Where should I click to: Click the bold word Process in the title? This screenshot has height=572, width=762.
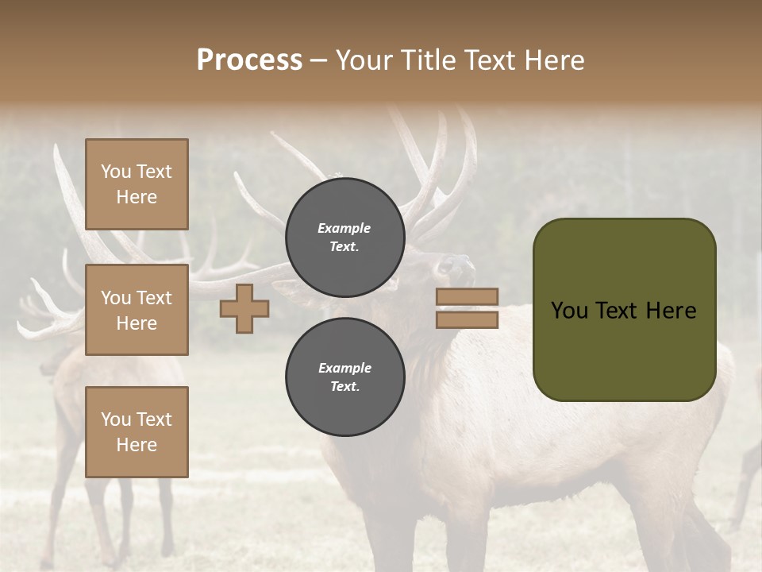[x=249, y=60]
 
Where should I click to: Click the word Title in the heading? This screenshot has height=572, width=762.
[x=430, y=60]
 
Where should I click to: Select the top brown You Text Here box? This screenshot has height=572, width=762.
[x=137, y=184]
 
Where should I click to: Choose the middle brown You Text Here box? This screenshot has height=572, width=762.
[x=137, y=310]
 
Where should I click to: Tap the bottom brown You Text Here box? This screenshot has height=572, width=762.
[x=137, y=432]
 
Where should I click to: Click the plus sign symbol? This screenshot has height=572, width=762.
[x=244, y=308]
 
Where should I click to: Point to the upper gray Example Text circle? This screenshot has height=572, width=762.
[x=345, y=237]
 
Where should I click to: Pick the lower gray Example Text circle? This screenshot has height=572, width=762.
[x=345, y=377]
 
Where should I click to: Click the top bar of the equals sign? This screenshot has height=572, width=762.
[x=468, y=296]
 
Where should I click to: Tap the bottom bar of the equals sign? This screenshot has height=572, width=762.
[x=468, y=319]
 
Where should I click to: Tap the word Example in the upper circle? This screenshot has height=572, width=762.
[x=344, y=228]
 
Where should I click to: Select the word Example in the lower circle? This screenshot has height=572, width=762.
[x=344, y=368]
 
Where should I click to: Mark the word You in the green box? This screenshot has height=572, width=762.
[x=570, y=311]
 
